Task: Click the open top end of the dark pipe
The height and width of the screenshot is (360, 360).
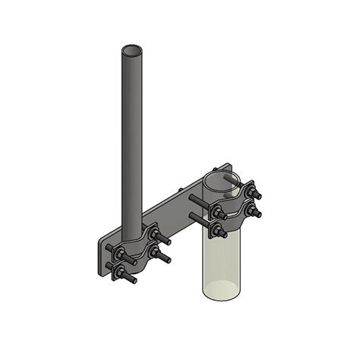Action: [x=131, y=51]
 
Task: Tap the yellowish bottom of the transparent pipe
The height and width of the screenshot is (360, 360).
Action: [x=221, y=291]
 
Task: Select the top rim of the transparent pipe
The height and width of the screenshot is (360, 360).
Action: [x=221, y=177]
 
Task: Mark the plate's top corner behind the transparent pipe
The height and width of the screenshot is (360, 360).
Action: [x=225, y=169]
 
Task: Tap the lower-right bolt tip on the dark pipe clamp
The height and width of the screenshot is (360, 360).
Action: [x=166, y=261]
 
